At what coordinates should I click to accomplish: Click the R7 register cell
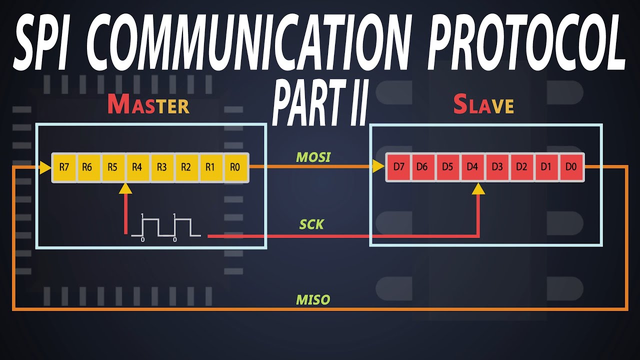tap(64, 167)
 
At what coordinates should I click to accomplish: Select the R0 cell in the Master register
tap(234, 167)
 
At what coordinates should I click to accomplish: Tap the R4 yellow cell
tap(137, 167)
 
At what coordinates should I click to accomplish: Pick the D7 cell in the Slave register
tap(398, 167)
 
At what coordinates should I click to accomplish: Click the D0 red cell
tap(570, 167)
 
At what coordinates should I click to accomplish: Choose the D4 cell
tap(472, 167)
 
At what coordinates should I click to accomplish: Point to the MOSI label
tap(313, 157)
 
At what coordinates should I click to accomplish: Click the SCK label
tap(311, 225)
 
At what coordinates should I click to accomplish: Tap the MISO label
tap(313, 300)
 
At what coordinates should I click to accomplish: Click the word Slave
tap(483, 104)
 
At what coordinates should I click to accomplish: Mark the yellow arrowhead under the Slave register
tap(478, 188)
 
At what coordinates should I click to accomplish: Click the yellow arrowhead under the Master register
tap(125, 188)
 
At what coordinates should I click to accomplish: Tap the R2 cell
tap(186, 167)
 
